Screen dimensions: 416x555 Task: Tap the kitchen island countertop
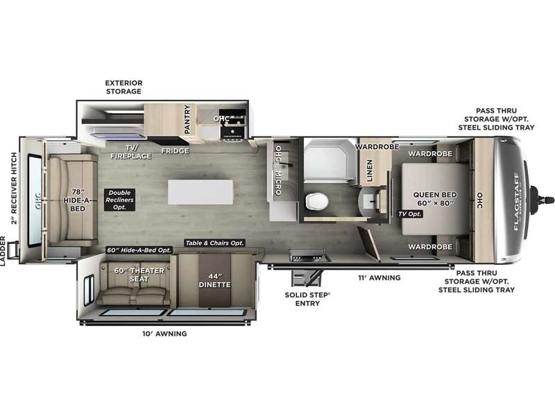200,192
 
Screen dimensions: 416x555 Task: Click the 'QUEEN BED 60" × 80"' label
432,199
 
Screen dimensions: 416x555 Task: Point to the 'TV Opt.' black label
409,214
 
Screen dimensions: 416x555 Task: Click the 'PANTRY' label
187,119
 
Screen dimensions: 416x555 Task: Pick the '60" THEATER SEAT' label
137,275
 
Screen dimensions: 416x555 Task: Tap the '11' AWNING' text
379,277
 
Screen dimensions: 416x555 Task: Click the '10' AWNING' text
164,333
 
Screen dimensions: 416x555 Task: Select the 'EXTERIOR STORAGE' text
123,87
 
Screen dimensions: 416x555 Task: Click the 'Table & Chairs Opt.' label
214,243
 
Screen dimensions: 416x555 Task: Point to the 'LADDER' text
6,250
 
